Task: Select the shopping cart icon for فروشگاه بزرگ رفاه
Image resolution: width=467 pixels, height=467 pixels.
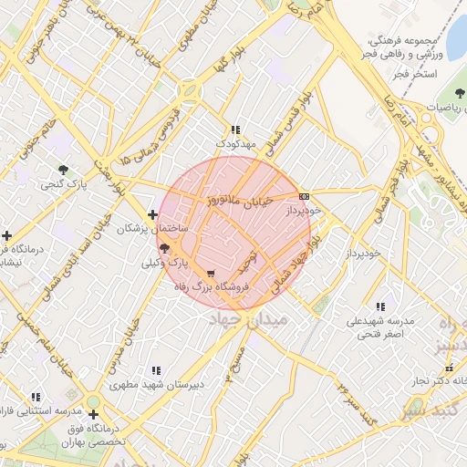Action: pos(212,273)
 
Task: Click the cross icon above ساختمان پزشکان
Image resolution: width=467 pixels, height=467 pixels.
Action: pos(152,213)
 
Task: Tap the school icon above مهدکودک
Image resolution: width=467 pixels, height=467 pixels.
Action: pos(236,130)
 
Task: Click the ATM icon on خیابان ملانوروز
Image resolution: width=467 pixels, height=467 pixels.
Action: pos(304,195)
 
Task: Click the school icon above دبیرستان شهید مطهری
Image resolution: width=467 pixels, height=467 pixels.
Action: pos(156,370)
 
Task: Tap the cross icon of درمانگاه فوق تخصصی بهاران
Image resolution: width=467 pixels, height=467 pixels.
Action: pos(92,415)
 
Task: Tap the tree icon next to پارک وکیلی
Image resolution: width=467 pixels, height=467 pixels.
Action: pos(164,247)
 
